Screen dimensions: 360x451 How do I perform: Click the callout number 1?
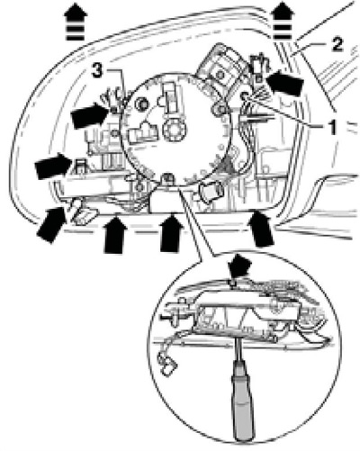pos(331,128)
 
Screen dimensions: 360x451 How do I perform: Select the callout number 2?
pos(337,44)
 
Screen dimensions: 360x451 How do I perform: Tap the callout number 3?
pos(97,71)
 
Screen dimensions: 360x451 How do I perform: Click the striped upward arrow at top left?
pos(76,22)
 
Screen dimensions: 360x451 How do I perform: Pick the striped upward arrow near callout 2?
pos(281,21)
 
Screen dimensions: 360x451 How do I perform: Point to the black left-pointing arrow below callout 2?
pos(283,82)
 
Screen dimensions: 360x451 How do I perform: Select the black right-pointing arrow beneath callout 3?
pos(90,115)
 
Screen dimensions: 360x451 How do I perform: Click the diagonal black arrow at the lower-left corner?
pos(52,223)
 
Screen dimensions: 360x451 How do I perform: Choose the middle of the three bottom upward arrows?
pos(172,232)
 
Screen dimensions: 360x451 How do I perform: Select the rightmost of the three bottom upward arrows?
pos(262,229)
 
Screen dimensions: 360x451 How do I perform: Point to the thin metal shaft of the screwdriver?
pos(238,349)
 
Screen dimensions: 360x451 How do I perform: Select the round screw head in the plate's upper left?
pos(141,104)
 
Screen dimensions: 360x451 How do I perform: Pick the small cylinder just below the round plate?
pos(211,191)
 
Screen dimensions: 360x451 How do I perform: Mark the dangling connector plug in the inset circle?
pos(167,364)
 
